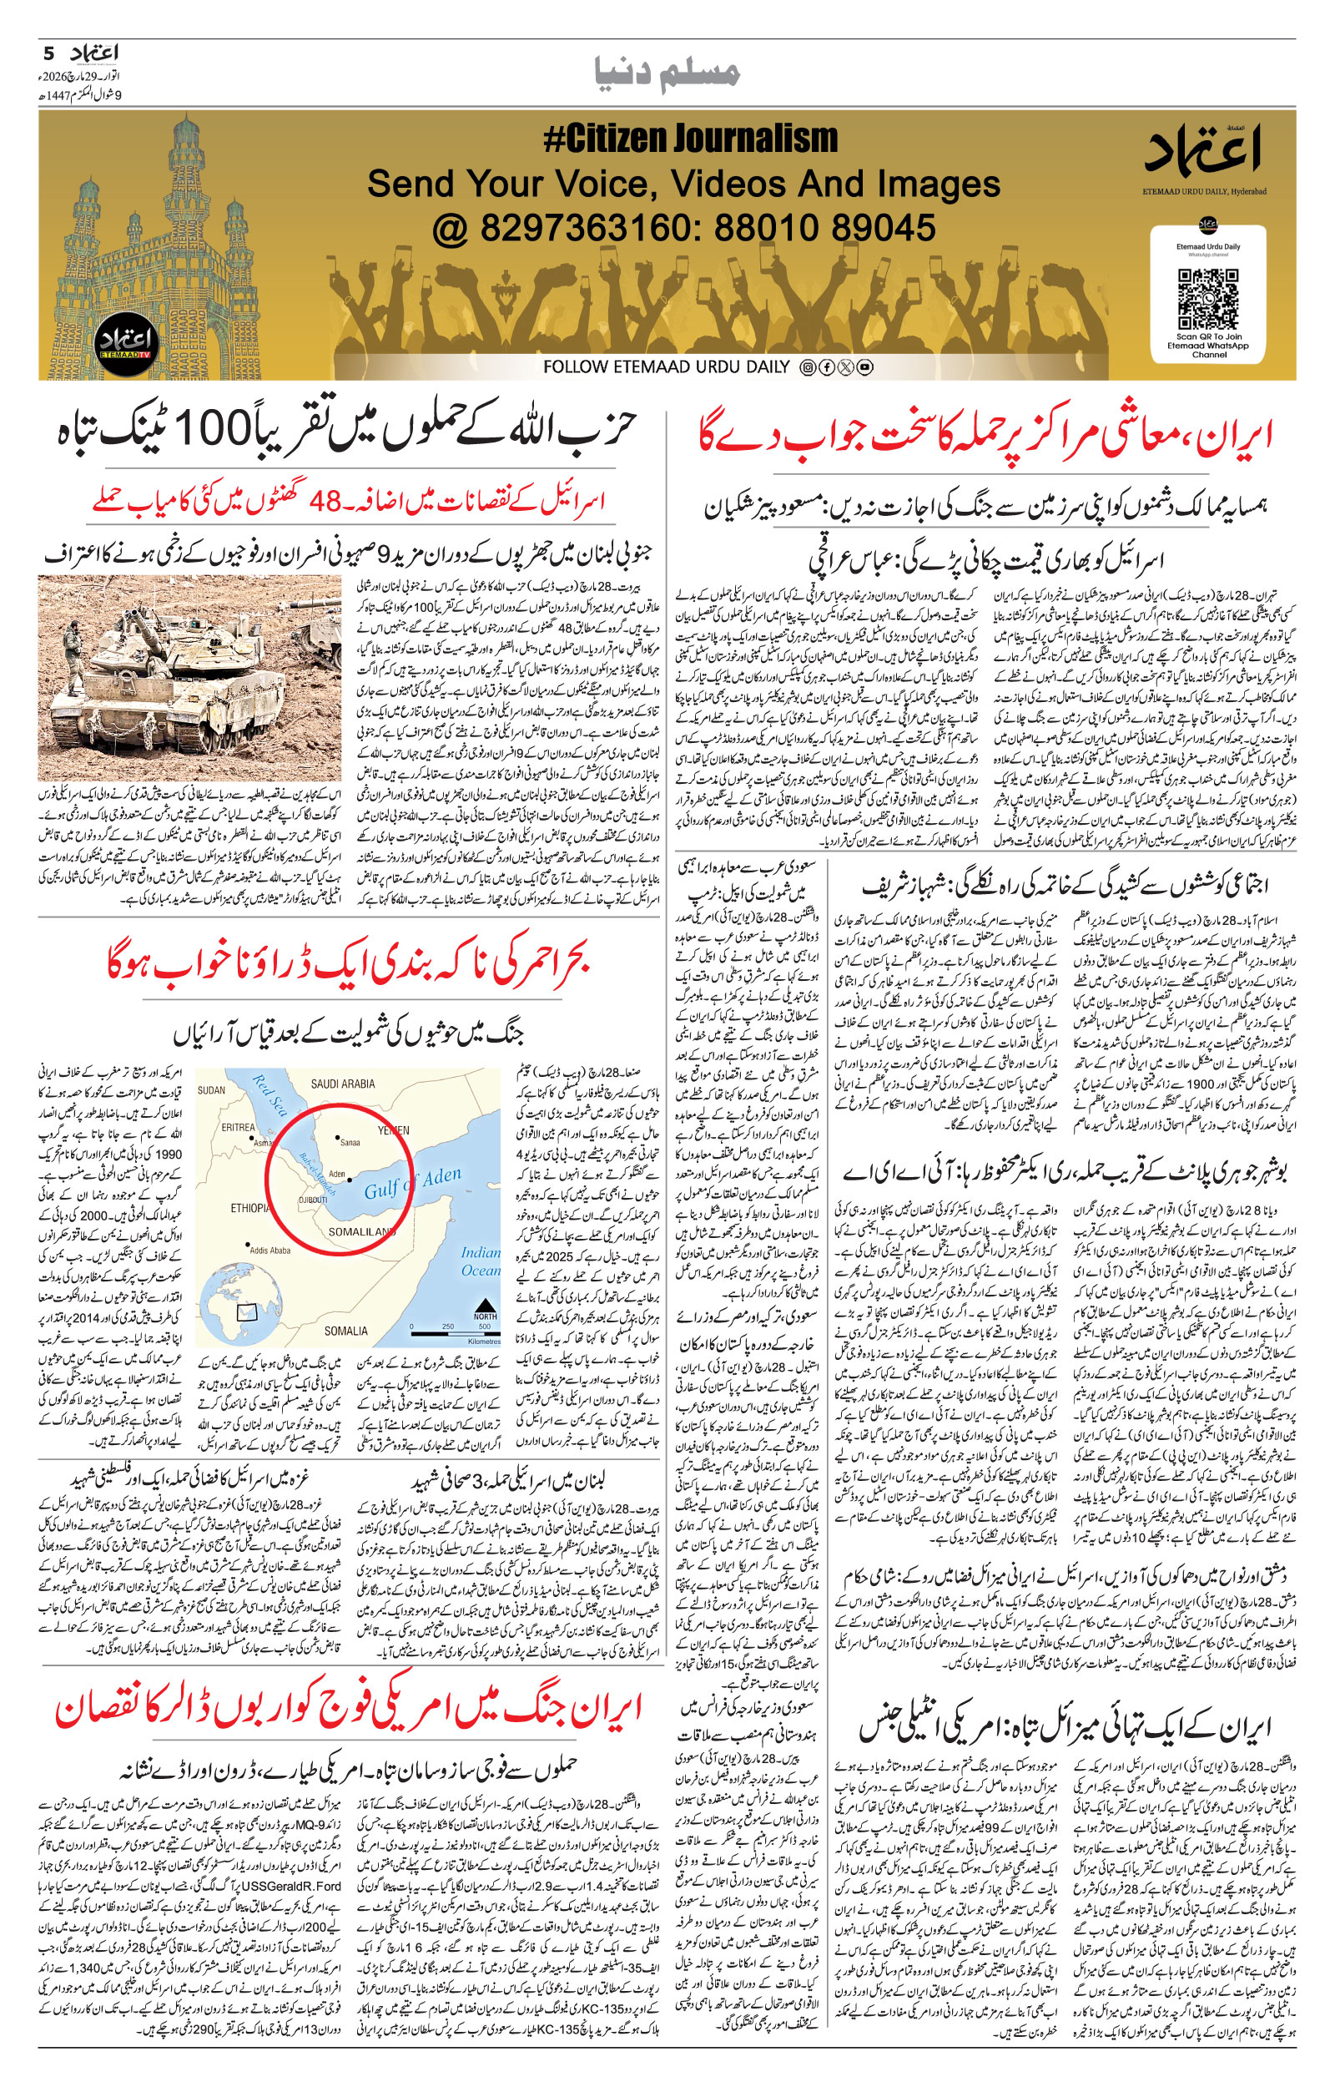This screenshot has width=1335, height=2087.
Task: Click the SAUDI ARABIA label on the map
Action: [x=342, y=1083]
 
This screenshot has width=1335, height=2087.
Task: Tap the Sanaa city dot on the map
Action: [x=337, y=1137]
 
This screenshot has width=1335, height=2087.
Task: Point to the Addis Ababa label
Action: [x=269, y=1250]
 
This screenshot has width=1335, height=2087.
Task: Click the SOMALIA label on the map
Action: [x=346, y=1331]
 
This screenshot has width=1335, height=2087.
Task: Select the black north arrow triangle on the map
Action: [x=486, y=1304]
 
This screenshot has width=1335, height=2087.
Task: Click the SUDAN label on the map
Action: [x=212, y=1091]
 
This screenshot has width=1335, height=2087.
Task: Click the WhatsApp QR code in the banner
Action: [x=1207, y=298]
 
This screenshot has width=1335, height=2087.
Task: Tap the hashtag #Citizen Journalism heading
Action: [x=690, y=139]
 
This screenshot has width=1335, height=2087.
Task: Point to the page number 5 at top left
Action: [x=48, y=53]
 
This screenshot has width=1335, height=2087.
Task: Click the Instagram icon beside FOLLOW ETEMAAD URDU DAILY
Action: [x=806, y=367]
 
